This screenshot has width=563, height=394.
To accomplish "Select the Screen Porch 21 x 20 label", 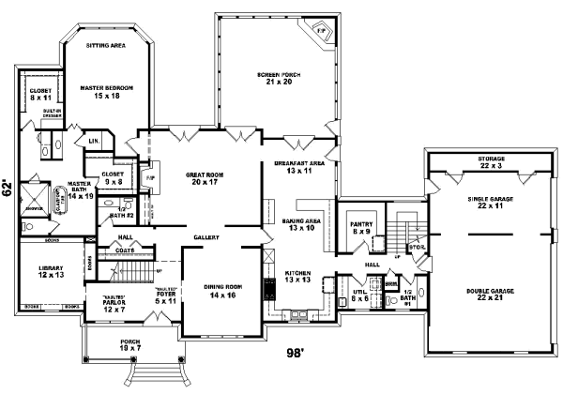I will (x=276, y=78).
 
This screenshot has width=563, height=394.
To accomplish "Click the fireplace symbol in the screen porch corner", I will (x=320, y=29).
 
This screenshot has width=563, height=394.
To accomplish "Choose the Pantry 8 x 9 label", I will (x=361, y=229).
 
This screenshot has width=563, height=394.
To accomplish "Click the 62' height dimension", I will (x=8, y=187).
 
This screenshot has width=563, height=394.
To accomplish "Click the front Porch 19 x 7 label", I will (x=130, y=345).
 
